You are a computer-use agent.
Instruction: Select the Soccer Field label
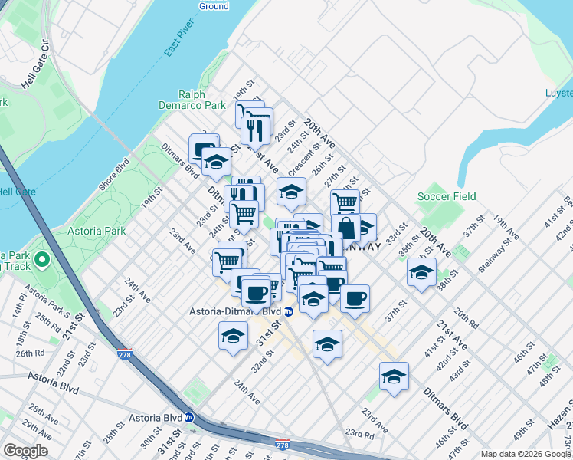[447, 196]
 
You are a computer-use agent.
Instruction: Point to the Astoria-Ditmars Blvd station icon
[289, 311]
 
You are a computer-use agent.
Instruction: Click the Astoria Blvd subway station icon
[189, 418]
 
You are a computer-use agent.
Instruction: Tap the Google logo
[25, 451]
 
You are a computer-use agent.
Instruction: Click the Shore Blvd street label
[123, 166]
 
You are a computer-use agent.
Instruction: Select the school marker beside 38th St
[421, 273]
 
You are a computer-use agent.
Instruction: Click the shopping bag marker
[346, 228]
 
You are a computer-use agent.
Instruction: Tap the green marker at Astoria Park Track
[42, 261]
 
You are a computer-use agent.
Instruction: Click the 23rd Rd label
[359, 434]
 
